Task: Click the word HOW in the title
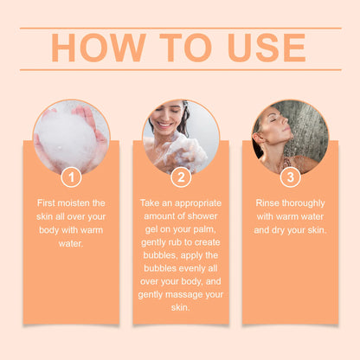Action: coord(99,48)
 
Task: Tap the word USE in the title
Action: coord(267,48)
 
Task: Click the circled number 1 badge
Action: coord(71,177)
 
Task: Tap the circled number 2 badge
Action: coord(181,177)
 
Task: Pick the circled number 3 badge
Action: coord(291,177)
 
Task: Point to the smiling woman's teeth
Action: coord(164,125)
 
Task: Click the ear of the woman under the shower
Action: coord(260,138)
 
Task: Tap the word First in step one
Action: coord(46,203)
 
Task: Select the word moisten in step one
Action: coord(74,203)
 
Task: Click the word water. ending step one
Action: coord(71,244)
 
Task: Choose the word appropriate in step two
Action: coord(198,203)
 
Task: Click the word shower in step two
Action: coord(202,216)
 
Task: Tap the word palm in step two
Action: coord(204,229)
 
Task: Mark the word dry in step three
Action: coord(278,231)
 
